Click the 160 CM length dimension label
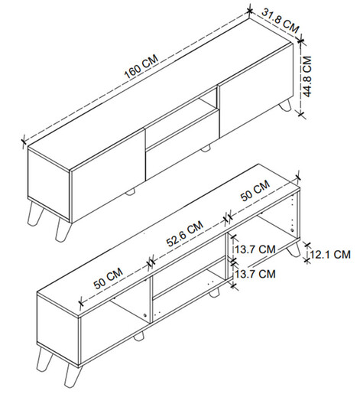[141, 67]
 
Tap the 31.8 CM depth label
[281, 21]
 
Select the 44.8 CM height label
[307, 77]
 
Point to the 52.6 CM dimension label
[185, 233]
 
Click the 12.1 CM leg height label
[330, 255]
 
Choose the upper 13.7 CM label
[255, 249]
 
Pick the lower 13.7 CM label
[255, 274]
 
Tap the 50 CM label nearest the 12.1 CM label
[255, 190]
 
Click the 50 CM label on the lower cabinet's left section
[109, 278]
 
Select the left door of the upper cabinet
[108, 174]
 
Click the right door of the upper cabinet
[255, 90]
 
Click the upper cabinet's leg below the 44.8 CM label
[285, 105]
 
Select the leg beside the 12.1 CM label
[294, 249]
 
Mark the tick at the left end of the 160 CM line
[24, 141]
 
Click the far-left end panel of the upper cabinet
[48, 184]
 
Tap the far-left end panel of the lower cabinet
[58, 330]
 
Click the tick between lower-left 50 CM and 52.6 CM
[151, 262]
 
